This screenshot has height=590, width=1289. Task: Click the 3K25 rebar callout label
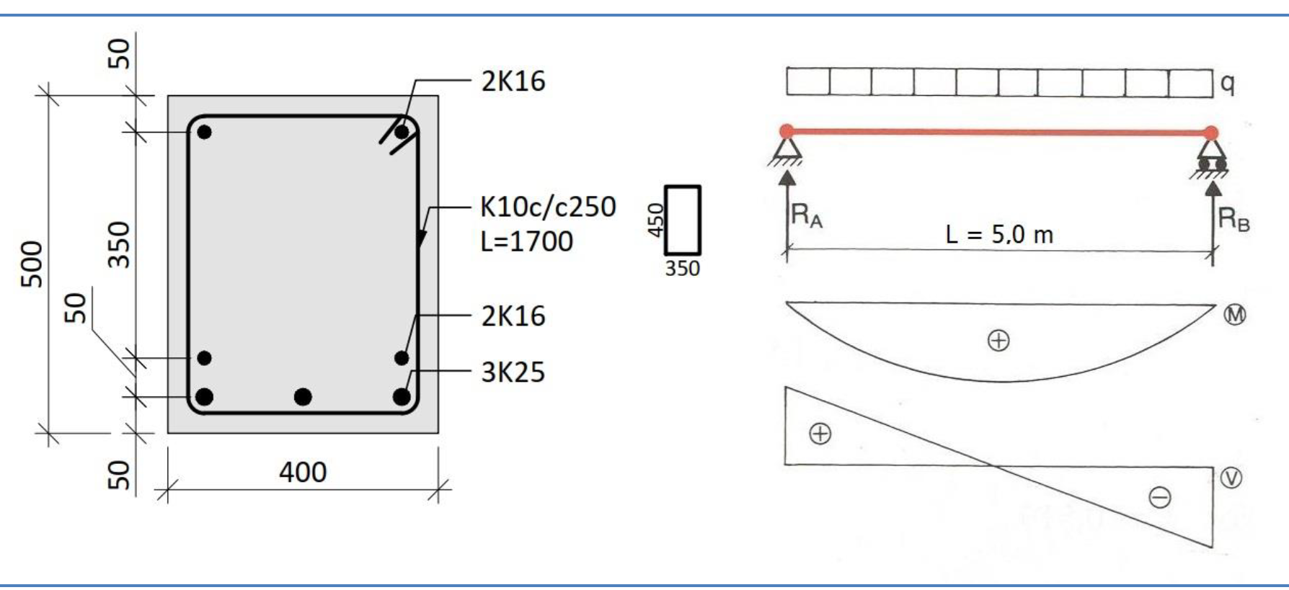(513, 372)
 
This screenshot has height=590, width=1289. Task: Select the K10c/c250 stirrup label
(548, 207)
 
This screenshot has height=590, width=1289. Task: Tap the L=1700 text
(526, 241)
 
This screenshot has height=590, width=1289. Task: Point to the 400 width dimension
(303, 473)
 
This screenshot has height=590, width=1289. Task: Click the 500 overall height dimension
(32, 264)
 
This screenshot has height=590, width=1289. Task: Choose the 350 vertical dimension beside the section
(119, 245)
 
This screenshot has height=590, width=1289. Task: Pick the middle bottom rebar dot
(303, 396)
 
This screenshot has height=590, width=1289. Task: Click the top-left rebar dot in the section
(204, 132)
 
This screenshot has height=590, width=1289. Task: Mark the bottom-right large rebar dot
(402, 396)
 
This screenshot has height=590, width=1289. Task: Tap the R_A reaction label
(807, 215)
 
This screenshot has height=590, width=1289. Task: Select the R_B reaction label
(1233, 218)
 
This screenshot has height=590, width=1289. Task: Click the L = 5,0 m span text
(999, 234)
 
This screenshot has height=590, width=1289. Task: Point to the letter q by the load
(1227, 84)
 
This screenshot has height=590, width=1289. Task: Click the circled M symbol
(1235, 315)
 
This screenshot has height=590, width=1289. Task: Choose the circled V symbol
(1231, 478)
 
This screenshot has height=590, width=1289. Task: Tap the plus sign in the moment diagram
(998, 341)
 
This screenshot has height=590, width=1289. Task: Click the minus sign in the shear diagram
(1160, 497)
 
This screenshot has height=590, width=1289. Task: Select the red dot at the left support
(787, 131)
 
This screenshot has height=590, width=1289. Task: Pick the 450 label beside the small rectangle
(655, 220)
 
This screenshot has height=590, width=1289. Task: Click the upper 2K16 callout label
(513, 81)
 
